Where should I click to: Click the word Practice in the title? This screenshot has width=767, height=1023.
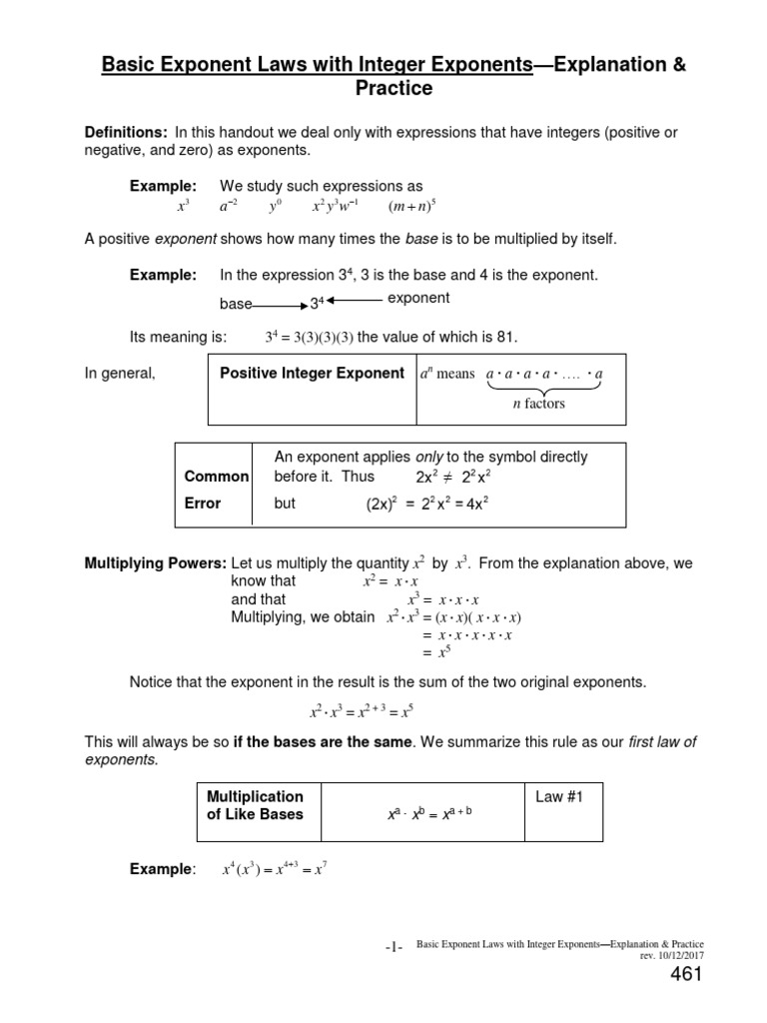point(393,89)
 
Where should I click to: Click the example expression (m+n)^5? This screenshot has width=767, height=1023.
point(412,208)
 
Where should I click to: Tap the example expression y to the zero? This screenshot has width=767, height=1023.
point(276,208)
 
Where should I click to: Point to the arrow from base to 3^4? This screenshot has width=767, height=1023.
point(279,304)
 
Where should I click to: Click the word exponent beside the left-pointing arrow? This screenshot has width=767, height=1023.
point(418,298)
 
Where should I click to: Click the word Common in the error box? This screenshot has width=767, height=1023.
point(216,478)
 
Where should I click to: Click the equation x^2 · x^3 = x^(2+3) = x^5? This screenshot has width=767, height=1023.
point(361,712)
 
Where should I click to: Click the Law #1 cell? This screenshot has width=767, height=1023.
point(551,797)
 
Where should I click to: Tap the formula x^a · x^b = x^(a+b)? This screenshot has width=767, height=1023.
point(427,814)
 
